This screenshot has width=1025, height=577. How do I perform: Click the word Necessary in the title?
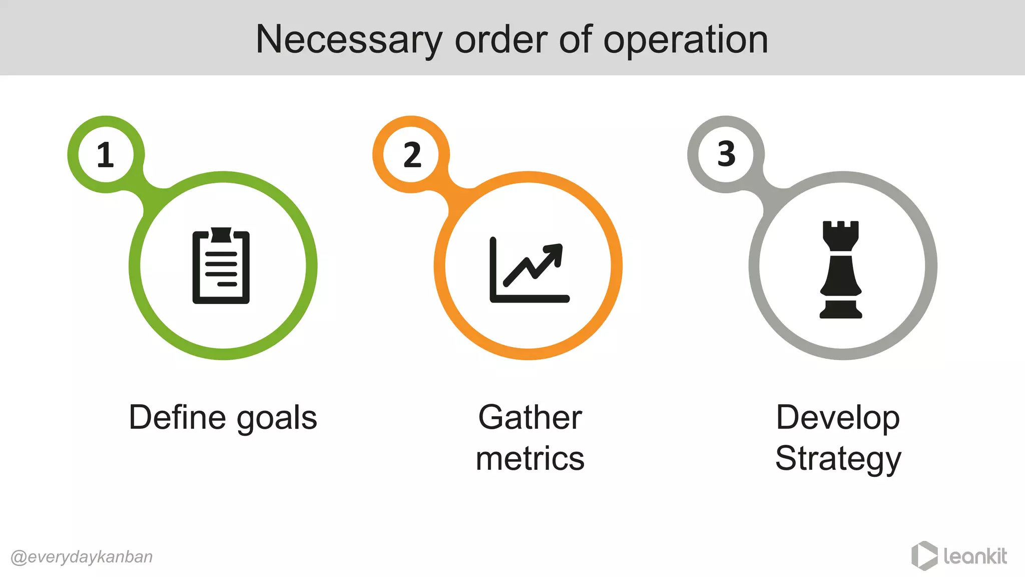349,40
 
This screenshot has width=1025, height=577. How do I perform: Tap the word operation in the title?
685,40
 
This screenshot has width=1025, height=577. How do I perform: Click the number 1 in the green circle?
106,155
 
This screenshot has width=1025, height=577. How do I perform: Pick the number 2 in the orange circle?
412,155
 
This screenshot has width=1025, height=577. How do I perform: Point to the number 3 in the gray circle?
726,154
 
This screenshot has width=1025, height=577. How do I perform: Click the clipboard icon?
221,266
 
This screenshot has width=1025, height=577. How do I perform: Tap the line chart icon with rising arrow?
529,270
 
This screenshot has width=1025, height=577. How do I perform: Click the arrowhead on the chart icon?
555,252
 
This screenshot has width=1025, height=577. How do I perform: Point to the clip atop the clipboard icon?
221,234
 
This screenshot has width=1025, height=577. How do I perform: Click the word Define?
177,417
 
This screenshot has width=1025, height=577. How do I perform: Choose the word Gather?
530,417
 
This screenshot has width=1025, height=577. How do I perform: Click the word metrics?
530,458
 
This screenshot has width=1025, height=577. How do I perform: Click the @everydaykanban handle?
82,557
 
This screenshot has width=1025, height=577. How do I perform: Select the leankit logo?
959,556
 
